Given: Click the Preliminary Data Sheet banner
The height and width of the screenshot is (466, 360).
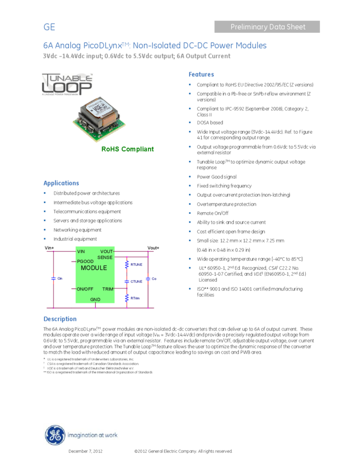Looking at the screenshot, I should [x=267, y=27].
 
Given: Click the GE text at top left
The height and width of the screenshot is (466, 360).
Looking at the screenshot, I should [x=49, y=27].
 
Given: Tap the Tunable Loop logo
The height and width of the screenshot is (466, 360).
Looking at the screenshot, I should [x=67, y=84].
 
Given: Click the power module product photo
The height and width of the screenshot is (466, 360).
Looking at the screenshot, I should [x=100, y=119].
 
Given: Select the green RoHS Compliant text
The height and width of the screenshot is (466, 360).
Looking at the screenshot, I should [x=128, y=149].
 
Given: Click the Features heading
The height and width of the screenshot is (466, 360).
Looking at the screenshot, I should [x=201, y=75].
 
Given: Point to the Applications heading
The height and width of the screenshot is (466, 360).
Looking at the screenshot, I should [x=61, y=183].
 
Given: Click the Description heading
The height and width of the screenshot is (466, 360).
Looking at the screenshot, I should [x=60, y=319].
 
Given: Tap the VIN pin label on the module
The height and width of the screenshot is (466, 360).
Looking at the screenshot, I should [x=81, y=252].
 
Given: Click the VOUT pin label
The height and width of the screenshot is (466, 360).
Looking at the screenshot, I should [x=106, y=252].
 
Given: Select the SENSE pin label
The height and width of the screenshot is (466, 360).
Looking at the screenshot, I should [x=105, y=257].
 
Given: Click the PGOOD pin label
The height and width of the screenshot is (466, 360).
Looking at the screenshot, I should [x=85, y=262].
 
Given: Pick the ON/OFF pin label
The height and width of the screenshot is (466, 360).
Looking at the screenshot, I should [x=85, y=288].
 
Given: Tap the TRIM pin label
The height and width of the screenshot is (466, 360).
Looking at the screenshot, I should [x=107, y=288].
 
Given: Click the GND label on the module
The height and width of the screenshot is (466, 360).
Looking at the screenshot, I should [x=95, y=299].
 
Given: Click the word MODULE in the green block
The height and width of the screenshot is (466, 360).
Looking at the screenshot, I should [x=94, y=268].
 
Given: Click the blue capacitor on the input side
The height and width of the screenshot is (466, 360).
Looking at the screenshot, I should [x=54, y=279].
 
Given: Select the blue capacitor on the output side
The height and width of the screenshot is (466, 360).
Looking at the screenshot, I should [x=148, y=279].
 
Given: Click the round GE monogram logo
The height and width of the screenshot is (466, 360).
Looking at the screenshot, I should [x=54, y=435].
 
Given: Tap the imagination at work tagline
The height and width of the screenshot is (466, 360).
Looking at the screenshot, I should [x=92, y=436].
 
